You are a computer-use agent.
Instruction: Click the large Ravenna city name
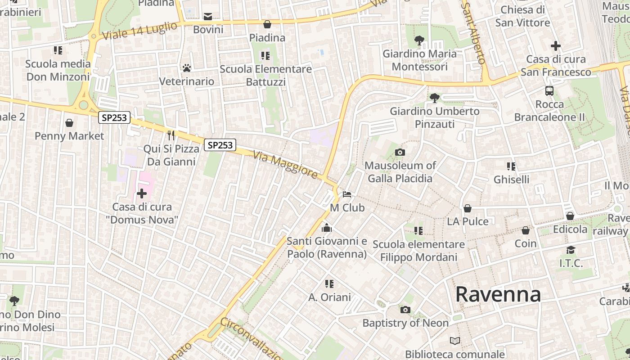click(x=498, y=295)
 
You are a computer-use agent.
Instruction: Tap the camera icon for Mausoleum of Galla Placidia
click(x=400, y=153)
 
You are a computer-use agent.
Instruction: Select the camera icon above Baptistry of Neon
click(x=405, y=310)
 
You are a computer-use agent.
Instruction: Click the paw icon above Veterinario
click(x=187, y=68)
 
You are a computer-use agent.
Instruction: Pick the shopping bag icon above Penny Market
click(x=69, y=123)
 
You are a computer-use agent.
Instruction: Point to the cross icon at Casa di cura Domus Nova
click(x=142, y=193)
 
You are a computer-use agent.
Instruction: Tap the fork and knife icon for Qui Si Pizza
click(x=171, y=135)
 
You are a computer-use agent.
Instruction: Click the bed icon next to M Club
click(x=347, y=194)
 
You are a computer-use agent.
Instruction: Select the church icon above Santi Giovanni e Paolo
click(x=327, y=228)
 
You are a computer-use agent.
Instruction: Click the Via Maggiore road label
click(x=285, y=165)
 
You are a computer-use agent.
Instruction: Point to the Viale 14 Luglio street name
click(x=139, y=31)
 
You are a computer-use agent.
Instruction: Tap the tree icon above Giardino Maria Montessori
click(x=419, y=40)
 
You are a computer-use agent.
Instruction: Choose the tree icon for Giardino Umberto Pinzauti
click(x=434, y=98)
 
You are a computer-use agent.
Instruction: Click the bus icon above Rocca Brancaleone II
click(x=549, y=91)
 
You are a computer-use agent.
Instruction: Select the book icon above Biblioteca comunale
click(x=455, y=341)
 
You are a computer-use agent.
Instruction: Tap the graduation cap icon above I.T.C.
click(x=571, y=250)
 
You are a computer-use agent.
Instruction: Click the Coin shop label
click(x=526, y=243)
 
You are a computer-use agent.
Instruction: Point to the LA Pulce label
click(x=468, y=221)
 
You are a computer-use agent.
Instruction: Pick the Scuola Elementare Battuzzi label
click(x=265, y=75)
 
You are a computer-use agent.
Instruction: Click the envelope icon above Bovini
click(x=208, y=17)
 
